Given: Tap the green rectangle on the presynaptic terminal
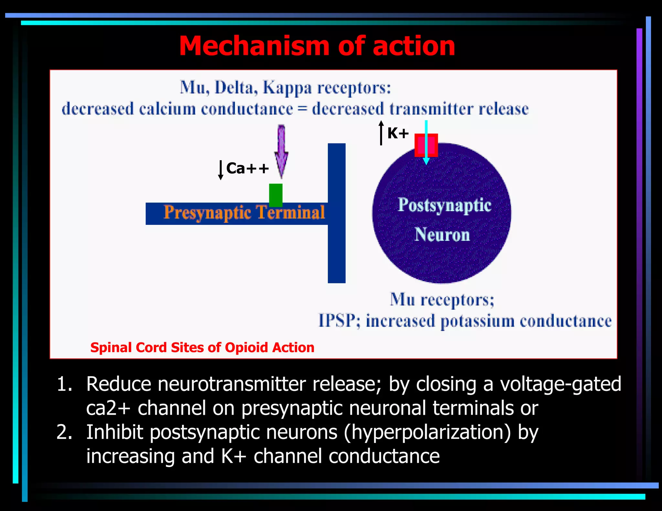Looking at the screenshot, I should pos(276,195).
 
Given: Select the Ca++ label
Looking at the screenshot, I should pos(247,168).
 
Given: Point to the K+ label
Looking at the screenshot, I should pos(398,133).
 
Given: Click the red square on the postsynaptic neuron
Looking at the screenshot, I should pos(420,145).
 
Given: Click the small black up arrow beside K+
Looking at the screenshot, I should pos(381,133).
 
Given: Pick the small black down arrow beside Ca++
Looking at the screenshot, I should pos(220,170).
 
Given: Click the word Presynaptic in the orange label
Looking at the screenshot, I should pos(207,213).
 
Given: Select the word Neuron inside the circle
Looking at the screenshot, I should pos(442,235).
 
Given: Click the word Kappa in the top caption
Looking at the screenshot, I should pos(287,88).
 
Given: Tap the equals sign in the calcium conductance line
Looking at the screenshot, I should pos(302,109).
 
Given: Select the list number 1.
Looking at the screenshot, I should pos(64,384).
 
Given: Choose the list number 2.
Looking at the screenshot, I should pos(64,432).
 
